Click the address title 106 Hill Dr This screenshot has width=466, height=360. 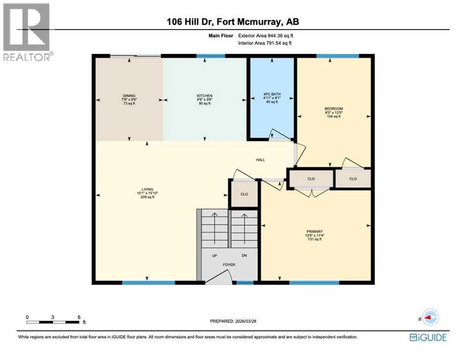233,22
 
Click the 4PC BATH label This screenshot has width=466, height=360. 271,94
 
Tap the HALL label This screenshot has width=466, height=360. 260,160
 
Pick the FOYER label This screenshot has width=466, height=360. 229,265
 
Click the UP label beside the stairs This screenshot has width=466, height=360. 215,255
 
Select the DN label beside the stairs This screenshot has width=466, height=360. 244,255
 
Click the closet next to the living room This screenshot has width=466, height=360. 244,194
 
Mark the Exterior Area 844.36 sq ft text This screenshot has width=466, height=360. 266,35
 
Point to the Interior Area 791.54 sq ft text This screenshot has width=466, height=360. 265,43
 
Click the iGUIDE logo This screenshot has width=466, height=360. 428,337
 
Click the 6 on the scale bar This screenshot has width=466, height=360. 79,317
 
